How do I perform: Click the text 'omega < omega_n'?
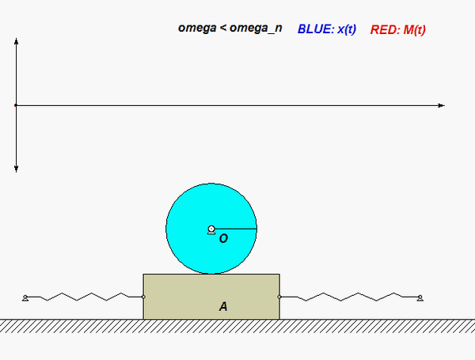tap(230, 28)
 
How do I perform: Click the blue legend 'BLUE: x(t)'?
tap(326, 29)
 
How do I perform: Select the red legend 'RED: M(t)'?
tap(398, 29)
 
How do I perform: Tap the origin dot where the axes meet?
tap(16, 104)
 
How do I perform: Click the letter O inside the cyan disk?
tap(223, 237)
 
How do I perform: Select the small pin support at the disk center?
tap(211, 229)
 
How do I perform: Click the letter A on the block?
tap(223, 306)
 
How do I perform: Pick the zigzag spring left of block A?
tap(83, 297)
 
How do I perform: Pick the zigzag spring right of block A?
tap(349, 297)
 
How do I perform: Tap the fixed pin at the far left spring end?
tap(25, 298)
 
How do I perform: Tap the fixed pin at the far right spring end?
tap(420, 298)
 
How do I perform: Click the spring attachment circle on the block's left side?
tap(143, 297)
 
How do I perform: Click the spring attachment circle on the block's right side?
tap(279, 297)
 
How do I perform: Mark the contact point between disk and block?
tap(211, 274)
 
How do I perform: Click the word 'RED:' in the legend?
tap(385, 29)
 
